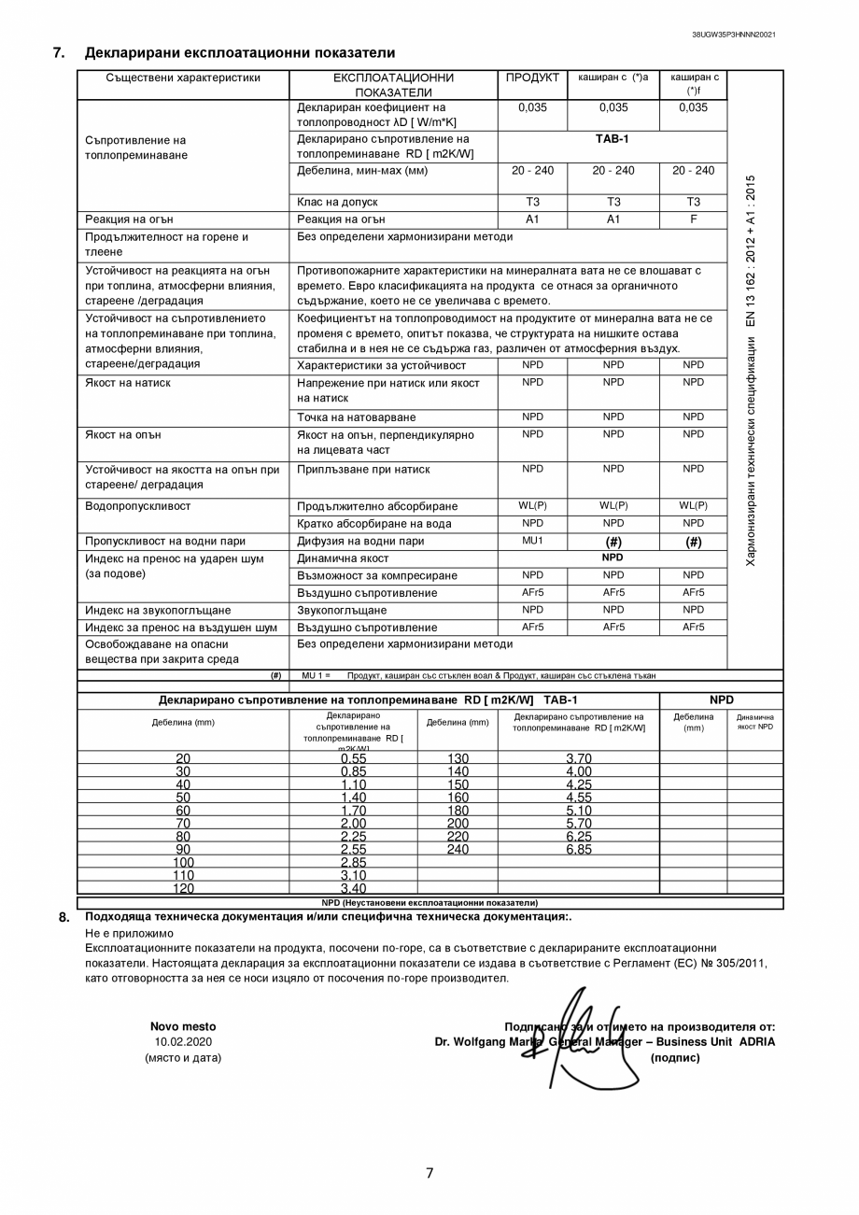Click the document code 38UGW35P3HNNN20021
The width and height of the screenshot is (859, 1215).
pos(733,35)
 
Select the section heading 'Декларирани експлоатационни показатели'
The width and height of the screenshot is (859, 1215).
pos(240,53)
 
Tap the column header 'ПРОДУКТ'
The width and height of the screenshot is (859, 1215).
pos(532,78)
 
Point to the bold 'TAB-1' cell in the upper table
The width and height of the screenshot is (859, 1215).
pos(612,139)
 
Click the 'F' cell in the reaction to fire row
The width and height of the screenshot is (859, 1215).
pos(693,219)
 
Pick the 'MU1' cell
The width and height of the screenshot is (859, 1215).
pos(532,541)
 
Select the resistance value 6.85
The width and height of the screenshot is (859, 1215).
pos(578,850)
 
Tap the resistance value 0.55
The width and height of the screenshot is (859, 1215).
pos(353,758)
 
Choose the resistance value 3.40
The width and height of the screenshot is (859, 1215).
pos(353,889)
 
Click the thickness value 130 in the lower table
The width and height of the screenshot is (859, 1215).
pos(458,758)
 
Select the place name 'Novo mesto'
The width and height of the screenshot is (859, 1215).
pos(183,1026)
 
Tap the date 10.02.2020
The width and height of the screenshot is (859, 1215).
pos(183,1042)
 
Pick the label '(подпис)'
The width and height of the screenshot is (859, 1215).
pos(674,1058)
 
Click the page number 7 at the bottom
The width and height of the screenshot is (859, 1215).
pos(429,1174)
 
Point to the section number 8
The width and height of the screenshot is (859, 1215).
pos(63,917)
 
